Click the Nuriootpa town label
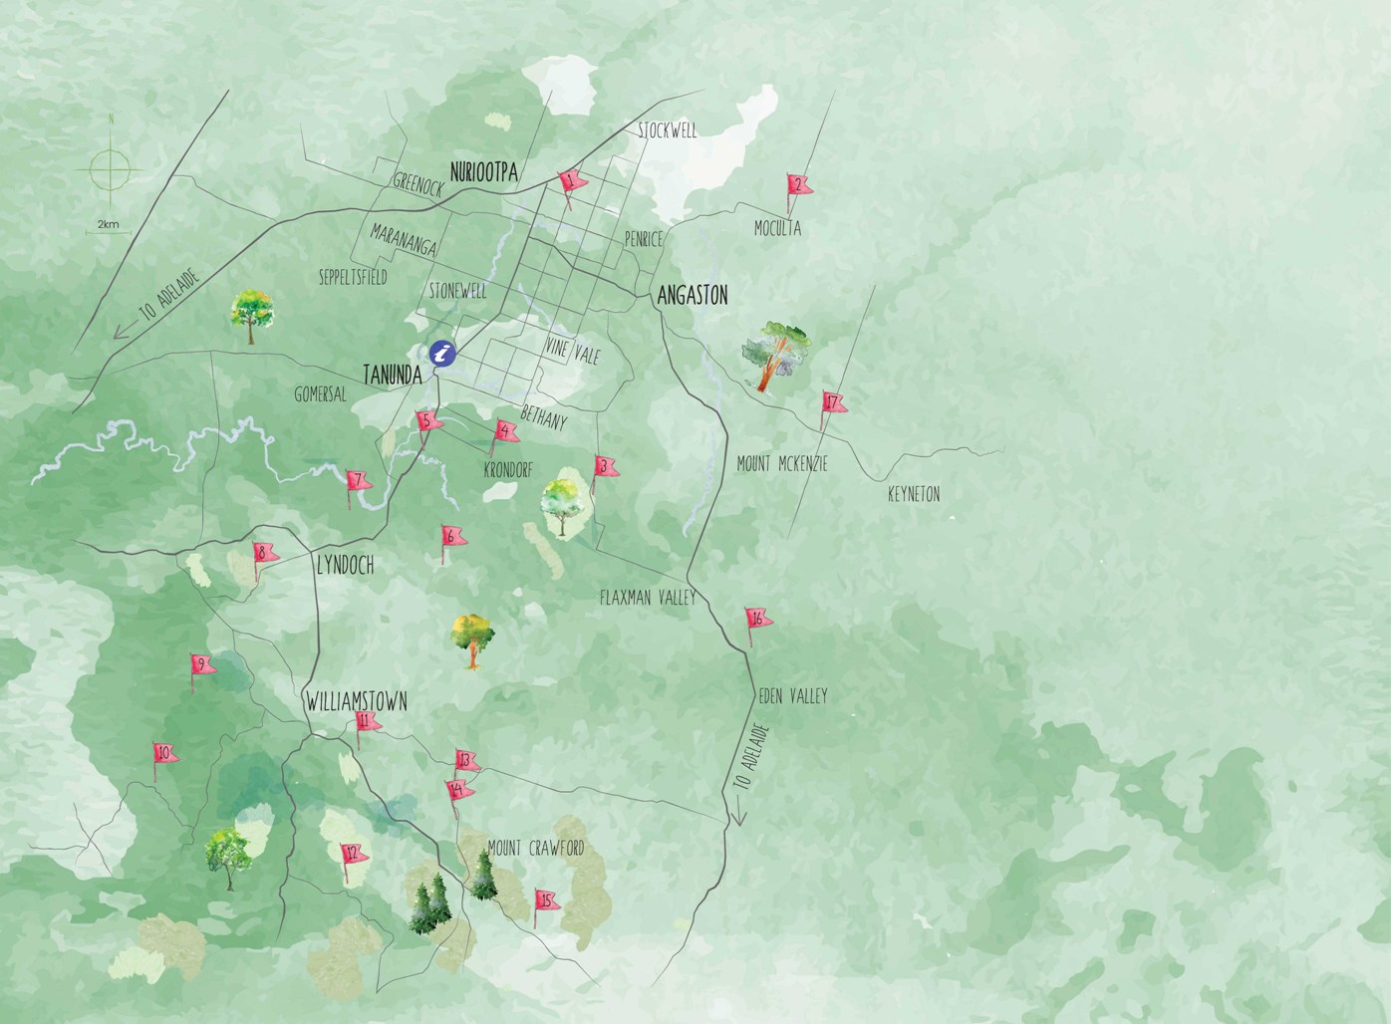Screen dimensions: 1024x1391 [484, 171]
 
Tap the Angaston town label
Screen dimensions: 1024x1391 [693, 295]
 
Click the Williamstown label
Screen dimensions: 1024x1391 [356, 701]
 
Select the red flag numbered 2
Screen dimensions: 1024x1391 [798, 185]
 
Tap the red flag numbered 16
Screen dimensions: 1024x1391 [758, 620]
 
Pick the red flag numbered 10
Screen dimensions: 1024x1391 [164, 753]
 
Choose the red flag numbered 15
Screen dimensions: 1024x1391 [545, 900]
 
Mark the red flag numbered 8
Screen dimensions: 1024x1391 [264, 553]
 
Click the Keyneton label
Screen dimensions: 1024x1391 [914, 494]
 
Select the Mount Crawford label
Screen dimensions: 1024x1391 [535, 849]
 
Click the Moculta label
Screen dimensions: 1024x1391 [776, 229]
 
